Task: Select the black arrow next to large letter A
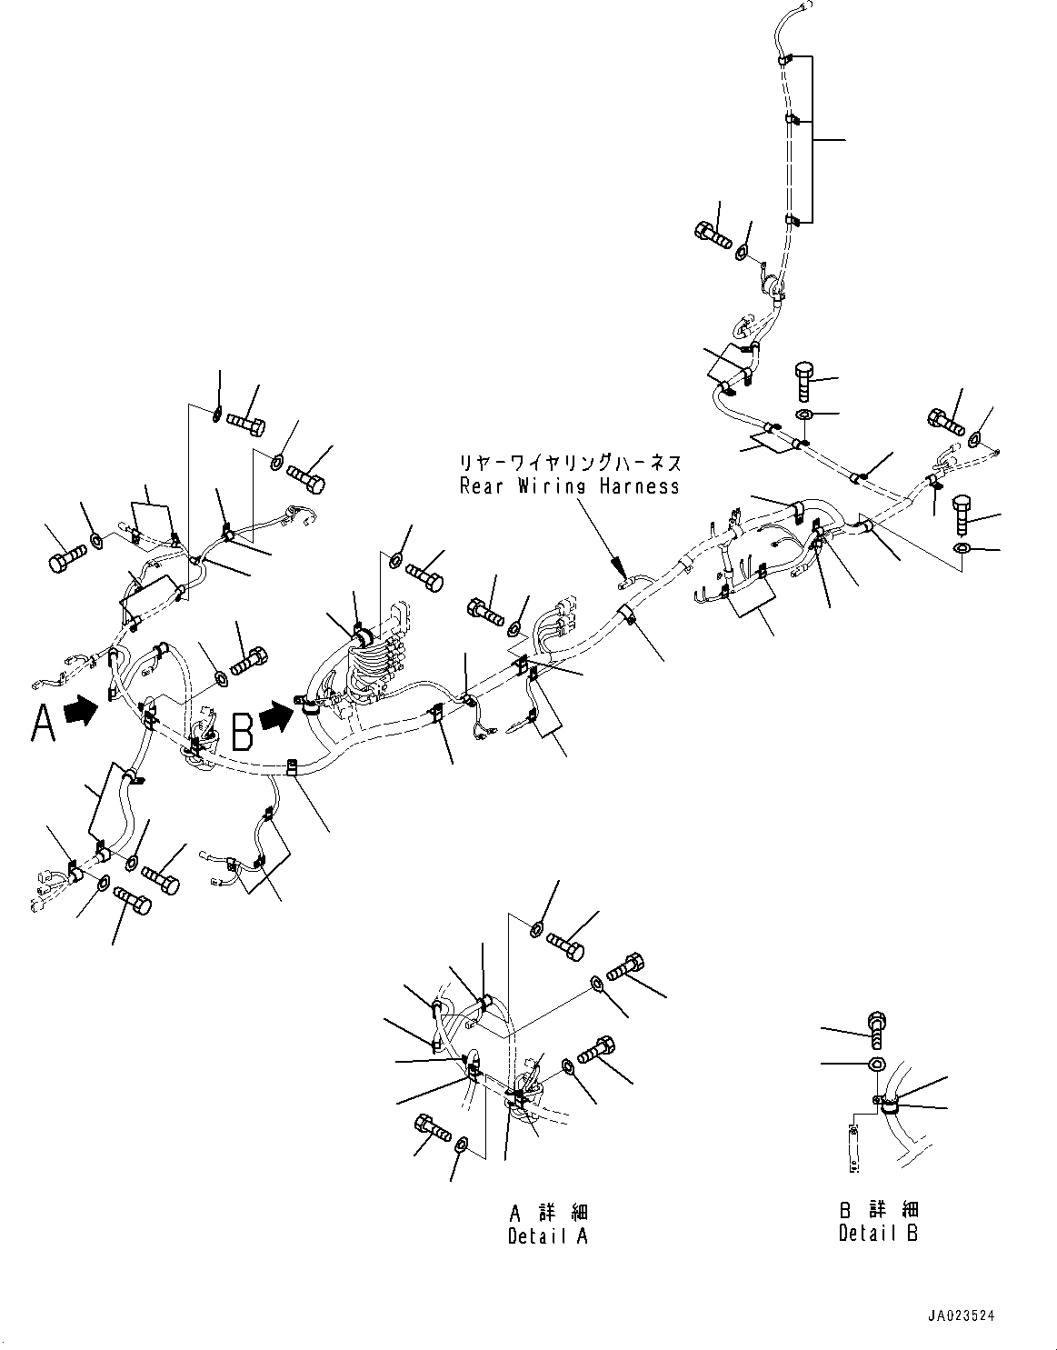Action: coord(82,709)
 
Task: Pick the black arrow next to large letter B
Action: coord(276,716)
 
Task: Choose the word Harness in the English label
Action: coord(640,485)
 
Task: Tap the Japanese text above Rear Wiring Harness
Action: coord(571,463)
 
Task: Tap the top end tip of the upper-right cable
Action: coord(811,4)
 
